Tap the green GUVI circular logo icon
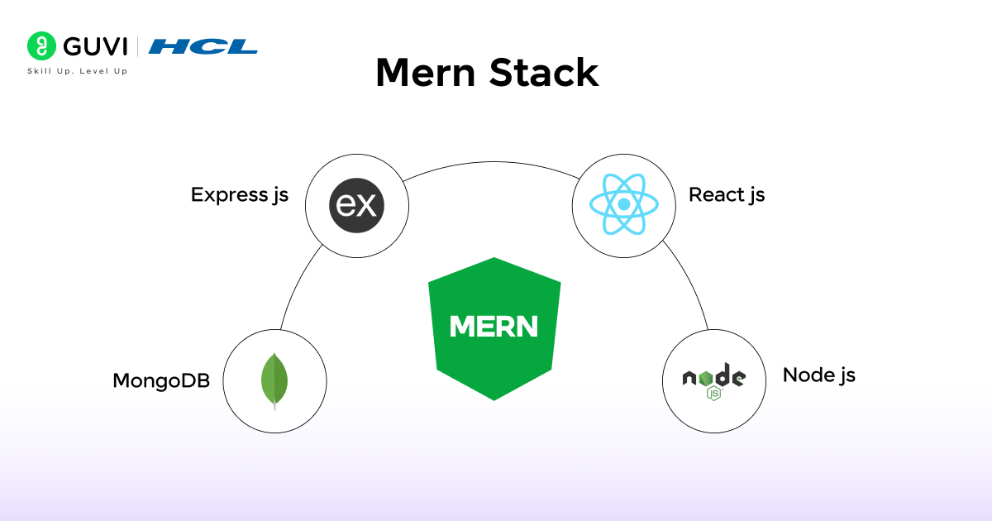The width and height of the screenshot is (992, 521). coord(40,45)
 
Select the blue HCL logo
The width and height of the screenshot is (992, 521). coord(203,46)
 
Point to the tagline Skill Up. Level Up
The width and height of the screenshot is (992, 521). coord(78,71)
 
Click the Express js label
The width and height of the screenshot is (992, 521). coord(240,194)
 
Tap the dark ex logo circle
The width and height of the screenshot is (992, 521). coord(357,203)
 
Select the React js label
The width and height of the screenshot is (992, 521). coord(727,194)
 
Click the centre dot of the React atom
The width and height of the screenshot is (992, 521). coord(624,203)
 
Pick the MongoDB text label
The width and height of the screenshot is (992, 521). coord(161,380)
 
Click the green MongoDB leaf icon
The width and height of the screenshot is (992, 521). coord(274,379)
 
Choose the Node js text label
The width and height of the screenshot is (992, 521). coord(818,375)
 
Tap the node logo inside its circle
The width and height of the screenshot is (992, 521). coord(713,378)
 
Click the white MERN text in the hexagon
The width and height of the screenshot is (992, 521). coord(494,327)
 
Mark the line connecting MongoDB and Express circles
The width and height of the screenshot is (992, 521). coord(298,285)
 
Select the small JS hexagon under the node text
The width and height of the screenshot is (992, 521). coord(713,394)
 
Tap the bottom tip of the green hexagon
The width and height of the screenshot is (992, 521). coord(494,399)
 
